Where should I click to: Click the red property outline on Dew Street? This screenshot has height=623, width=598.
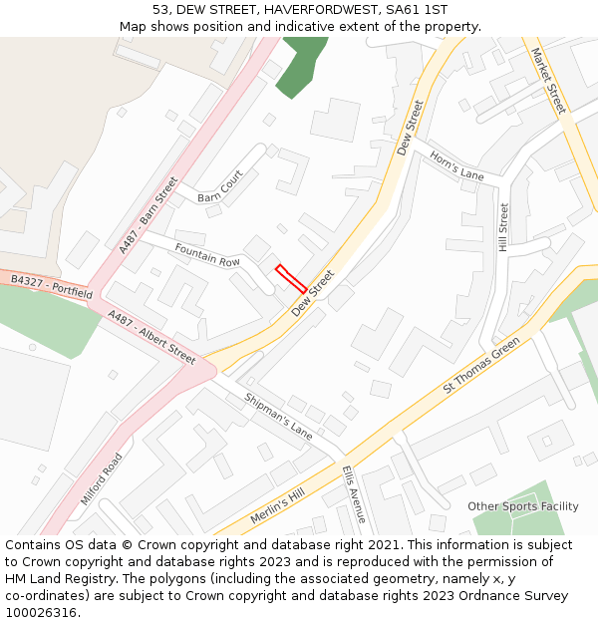[x=291, y=278]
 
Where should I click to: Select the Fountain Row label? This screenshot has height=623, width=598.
[x=207, y=254]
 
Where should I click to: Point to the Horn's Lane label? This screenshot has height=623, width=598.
[x=456, y=164]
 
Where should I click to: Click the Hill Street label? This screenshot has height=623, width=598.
[x=504, y=227]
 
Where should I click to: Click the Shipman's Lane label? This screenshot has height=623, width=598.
[x=279, y=417]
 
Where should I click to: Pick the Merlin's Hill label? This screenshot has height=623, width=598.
[x=277, y=507]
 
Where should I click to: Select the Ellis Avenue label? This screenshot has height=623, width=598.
[x=354, y=493]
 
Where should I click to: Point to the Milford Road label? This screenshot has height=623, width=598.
[x=102, y=478]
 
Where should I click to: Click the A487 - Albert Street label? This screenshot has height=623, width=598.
[x=151, y=337]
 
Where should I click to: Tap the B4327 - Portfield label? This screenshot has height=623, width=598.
[x=52, y=288]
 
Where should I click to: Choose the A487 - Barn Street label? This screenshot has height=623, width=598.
[x=148, y=215]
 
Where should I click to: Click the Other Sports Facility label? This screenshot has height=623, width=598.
[x=523, y=506]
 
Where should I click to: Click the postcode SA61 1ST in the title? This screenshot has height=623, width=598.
[x=413, y=9]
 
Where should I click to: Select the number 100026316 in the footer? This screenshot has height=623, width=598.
[x=41, y=613]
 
